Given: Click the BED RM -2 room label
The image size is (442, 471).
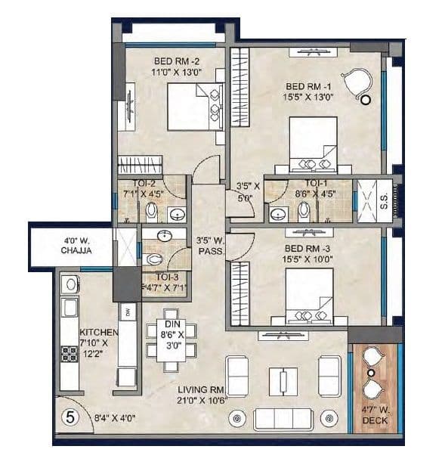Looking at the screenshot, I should (176, 61).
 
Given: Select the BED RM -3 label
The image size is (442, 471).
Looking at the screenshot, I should (308, 248).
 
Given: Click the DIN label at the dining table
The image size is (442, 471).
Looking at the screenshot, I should (170, 325).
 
